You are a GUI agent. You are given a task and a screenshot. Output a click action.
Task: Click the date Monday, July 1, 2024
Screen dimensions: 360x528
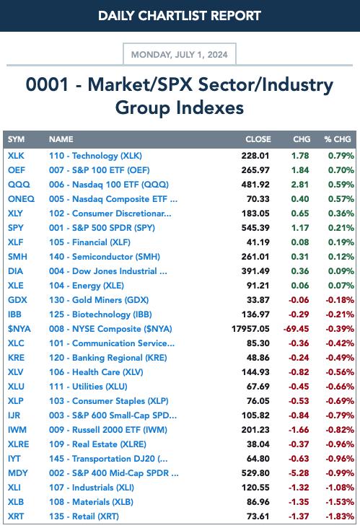179,55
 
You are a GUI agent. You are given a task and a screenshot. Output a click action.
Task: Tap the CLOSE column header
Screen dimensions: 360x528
258,139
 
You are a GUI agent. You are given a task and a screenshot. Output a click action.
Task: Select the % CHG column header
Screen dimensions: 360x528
338,139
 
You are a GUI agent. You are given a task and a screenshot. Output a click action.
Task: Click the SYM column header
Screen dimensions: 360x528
16,139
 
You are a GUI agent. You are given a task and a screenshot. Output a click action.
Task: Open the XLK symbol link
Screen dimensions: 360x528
16,156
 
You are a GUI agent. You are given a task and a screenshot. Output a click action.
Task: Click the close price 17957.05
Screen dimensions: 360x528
250,329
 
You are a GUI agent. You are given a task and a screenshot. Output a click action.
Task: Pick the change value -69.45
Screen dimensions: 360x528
296,329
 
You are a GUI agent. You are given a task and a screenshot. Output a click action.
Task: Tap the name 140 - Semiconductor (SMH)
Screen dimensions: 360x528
105,257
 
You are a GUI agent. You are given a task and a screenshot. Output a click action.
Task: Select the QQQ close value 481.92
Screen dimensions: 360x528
255,185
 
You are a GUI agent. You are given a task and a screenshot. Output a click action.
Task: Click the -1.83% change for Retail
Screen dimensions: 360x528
340,516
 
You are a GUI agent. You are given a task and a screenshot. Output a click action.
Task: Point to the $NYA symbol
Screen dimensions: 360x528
19,329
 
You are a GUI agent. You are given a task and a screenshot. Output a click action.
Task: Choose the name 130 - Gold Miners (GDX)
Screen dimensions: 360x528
99,300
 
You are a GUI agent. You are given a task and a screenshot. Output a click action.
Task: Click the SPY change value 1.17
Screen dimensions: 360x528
300,228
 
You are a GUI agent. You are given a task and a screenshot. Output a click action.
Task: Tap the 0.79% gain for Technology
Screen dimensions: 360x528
341,156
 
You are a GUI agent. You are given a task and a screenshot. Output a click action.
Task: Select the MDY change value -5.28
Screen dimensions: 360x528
299,473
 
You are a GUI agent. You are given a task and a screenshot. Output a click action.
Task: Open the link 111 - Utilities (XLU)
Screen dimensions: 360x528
88,387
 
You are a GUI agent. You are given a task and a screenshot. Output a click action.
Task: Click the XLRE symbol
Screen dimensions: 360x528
19,444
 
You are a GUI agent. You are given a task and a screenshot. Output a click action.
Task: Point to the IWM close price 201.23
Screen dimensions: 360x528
255,430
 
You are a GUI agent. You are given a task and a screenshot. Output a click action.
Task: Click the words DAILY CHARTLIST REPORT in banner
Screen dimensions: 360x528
180,15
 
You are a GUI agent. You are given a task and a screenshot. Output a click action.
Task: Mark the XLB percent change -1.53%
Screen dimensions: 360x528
340,502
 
